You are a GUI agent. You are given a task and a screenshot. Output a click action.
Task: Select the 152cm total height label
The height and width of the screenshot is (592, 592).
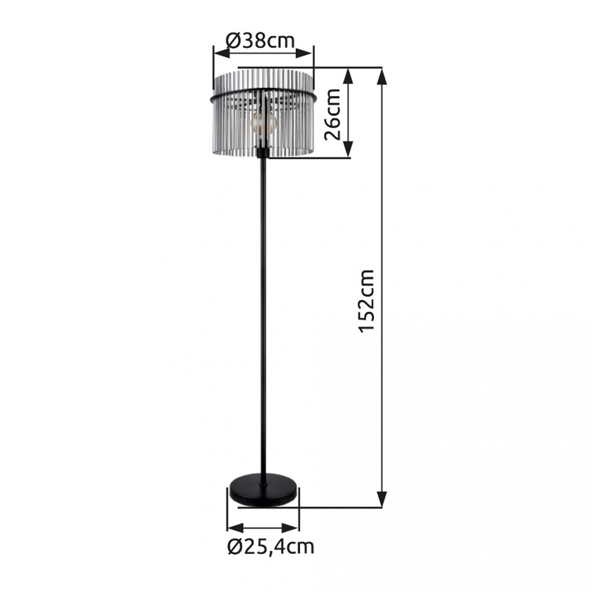click(367, 300)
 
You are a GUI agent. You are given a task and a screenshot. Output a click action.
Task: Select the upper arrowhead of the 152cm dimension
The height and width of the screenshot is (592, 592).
click(381, 76)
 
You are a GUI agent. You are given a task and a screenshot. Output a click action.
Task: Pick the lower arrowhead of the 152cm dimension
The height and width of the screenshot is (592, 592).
click(381, 499)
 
